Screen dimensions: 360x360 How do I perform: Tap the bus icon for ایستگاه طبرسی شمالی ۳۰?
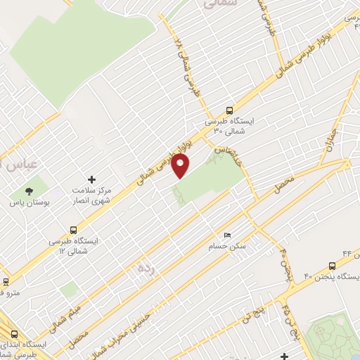[230, 110]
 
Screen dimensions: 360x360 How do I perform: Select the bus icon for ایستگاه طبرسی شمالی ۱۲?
[74, 229]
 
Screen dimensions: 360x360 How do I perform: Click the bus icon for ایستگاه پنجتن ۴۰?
[333, 265]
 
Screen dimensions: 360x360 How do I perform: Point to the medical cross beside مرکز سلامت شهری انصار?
[90, 180]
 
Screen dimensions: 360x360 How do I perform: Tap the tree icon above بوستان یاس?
[29, 191]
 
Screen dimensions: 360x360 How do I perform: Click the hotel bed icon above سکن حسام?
[226, 235]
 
